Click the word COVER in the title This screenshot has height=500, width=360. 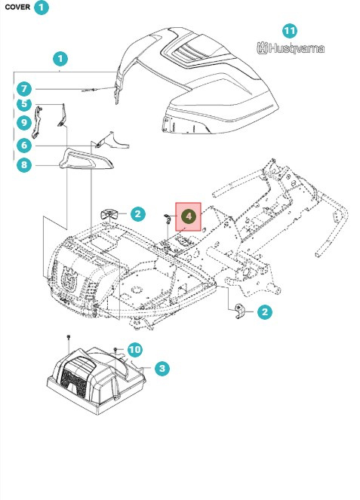[x=17, y=7]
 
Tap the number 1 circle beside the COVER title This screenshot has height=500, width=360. [x=42, y=7]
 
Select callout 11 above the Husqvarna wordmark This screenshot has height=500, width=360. [x=290, y=31]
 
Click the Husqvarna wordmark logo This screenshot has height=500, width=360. [x=291, y=48]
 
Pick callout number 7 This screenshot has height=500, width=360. [x=24, y=89]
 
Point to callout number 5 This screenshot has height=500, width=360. [x=24, y=104]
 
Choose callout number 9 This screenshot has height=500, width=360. [x=24, y=123]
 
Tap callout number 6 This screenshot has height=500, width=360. [x=24, y=146]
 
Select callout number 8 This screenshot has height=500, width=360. [x=24, y=165]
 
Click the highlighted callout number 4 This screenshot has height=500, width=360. [x=189, y=216]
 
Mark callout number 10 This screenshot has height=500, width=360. [x=134, y=349]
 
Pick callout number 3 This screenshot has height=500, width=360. [x=162, y=368]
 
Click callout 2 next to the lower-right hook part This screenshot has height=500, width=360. [x=265, y=311]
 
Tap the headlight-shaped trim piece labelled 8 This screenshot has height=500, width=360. [x=86, y=159]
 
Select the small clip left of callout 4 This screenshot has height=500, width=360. [x=168, y=219]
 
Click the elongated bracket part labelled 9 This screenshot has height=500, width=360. [x=37, y=123]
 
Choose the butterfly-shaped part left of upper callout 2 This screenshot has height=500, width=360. [x=109, y=214]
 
